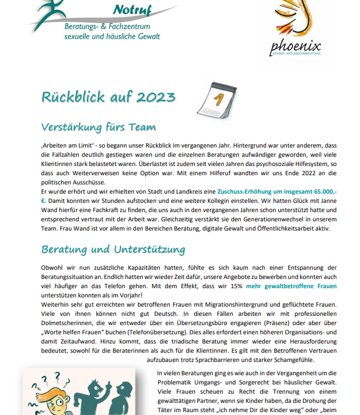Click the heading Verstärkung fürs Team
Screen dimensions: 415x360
pyautogui.click(x=98, y=127)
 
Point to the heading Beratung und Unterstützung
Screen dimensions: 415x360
pyautogui.click(x=113, y=250)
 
